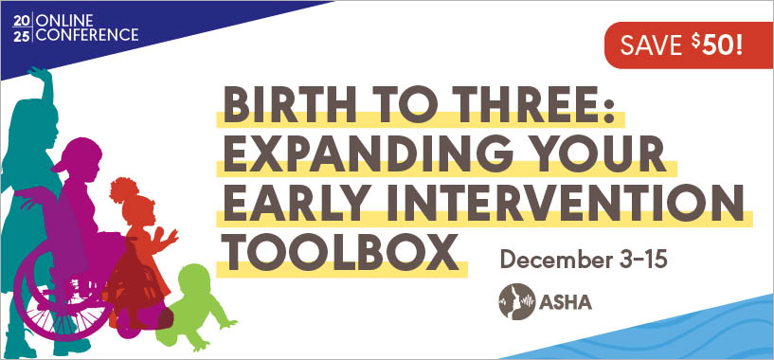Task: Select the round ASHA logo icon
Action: [517, 307]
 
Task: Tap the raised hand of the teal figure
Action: [38, 79]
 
